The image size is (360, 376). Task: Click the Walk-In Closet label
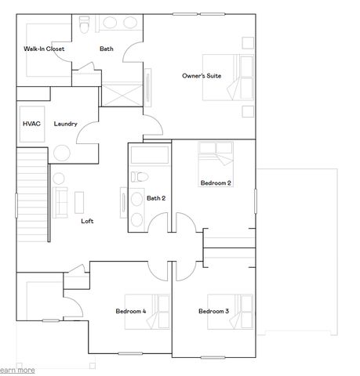click(43, 49)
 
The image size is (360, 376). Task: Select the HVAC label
click(31, 124)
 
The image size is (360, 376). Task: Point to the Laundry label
click(66, 124)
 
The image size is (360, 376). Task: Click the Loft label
click(88, 222)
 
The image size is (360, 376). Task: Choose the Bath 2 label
click(156, 198)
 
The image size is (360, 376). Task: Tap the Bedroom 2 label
click(215, 183)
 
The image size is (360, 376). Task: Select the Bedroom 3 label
click(213, 311)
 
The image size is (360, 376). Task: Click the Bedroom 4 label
click(131, 311)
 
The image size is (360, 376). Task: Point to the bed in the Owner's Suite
click(227, 77)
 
